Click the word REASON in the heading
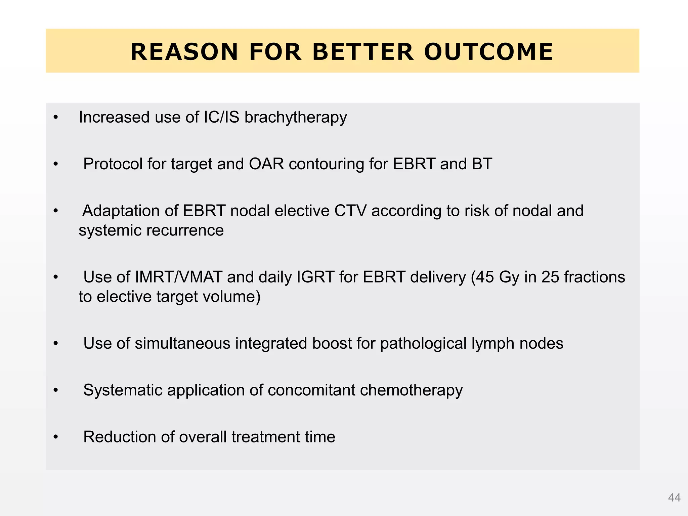point(184,52)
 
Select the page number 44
point(674,498)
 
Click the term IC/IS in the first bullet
point(221,117)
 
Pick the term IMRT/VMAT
point(178,277)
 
